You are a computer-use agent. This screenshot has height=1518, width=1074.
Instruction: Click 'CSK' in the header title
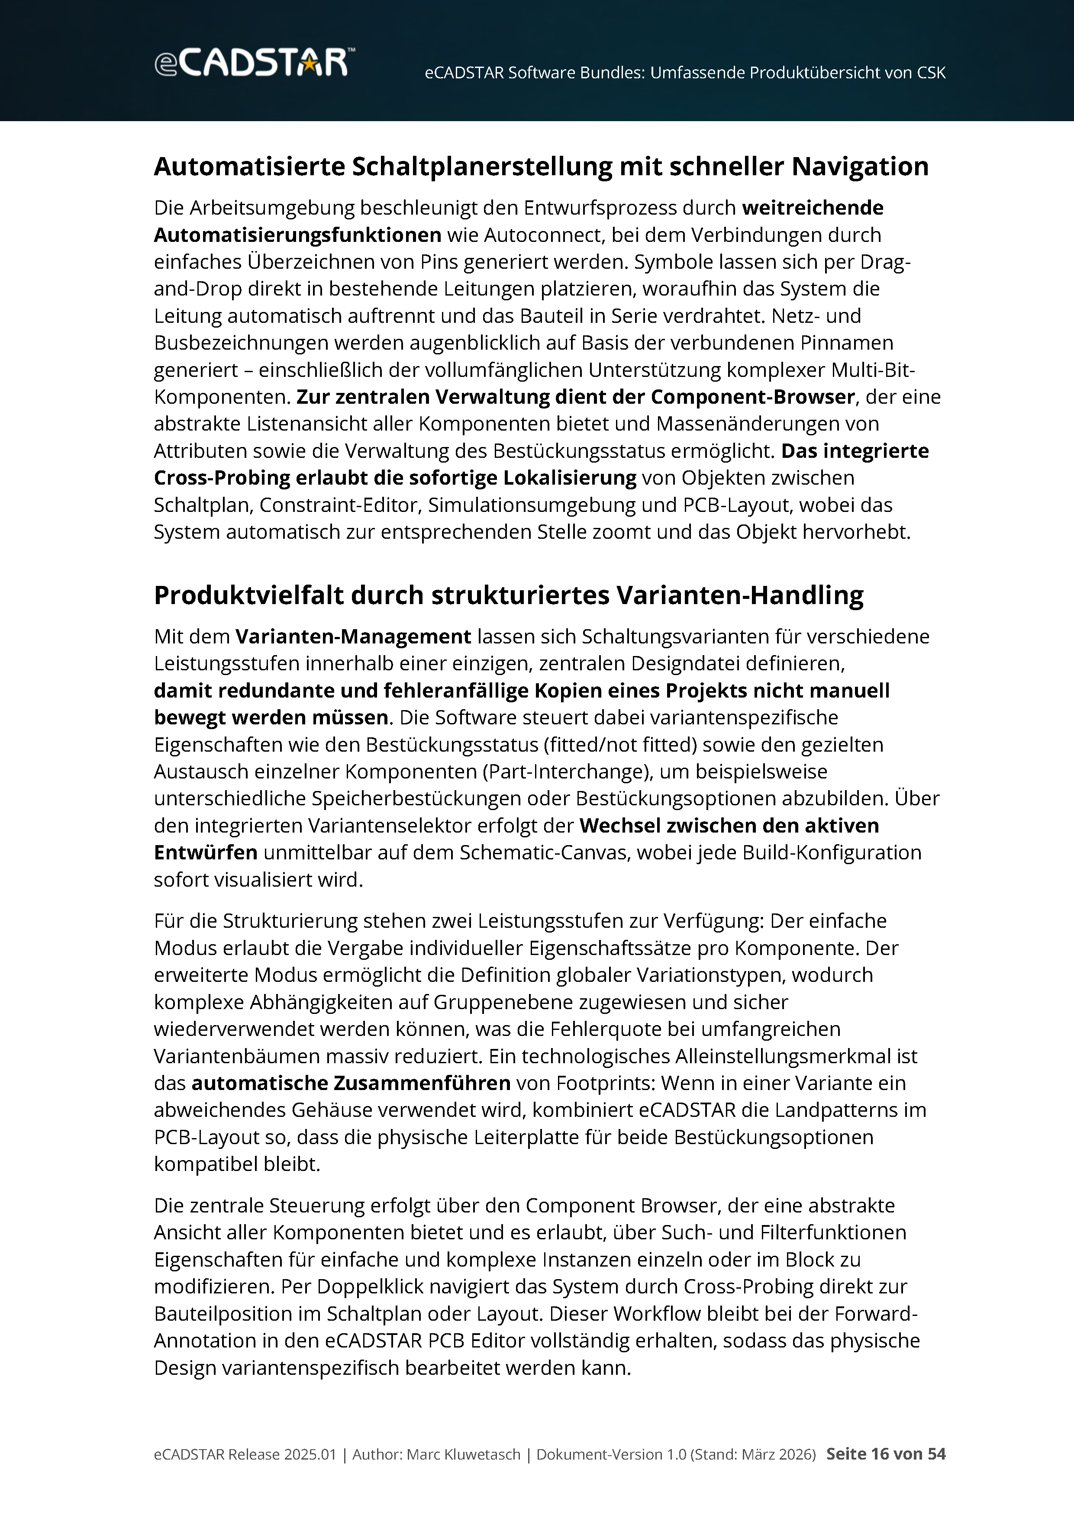click(930, 73)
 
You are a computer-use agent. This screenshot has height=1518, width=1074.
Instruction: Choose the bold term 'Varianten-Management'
click(353, 636)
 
